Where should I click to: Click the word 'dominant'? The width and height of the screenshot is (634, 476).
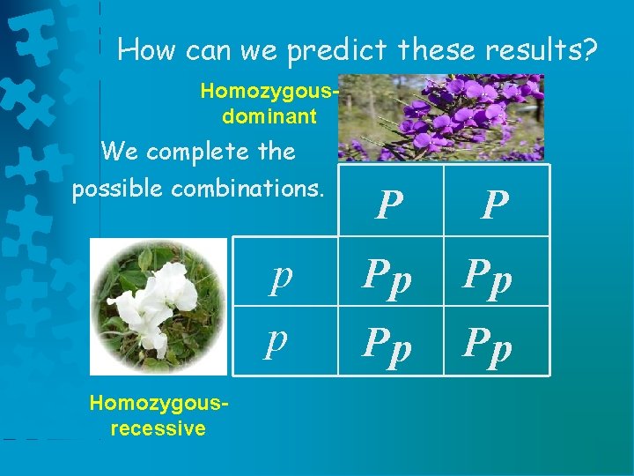click(269, 115)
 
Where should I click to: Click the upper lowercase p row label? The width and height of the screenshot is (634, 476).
click(281, 276)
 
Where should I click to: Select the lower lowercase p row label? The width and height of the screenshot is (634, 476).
click(278, 338)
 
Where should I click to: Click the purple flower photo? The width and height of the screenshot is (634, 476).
click(441, 117)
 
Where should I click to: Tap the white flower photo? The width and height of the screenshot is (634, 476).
click(159, 305)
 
